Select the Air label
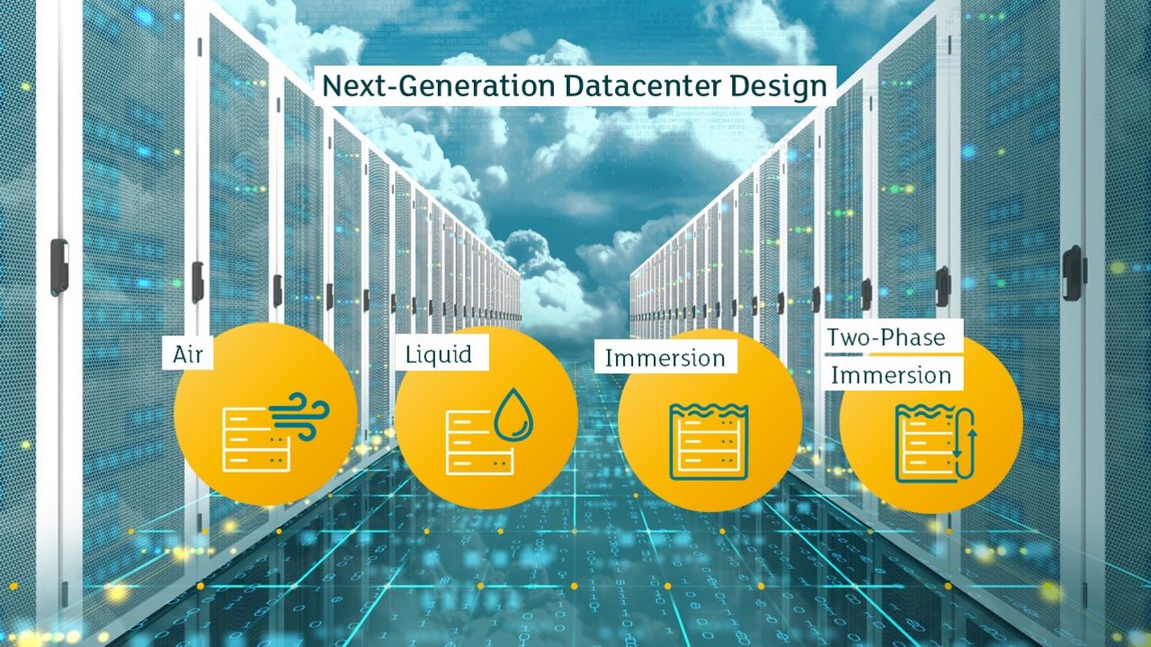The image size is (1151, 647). (x=188, y=354)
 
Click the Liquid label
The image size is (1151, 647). (x=438, y=354)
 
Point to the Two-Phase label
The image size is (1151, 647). (x=886, y=337)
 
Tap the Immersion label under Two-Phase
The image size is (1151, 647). (x=891, y=376)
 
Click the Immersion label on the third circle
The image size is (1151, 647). (x=665, y=359)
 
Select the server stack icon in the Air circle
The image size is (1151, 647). (x=256, y=440)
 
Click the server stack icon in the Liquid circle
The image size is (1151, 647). (x=479, y=443)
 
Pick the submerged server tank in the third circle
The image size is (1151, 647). (x=709, y=442)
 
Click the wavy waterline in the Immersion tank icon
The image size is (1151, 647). (x=709, y=411)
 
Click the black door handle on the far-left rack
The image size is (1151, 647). (x=58, y=268)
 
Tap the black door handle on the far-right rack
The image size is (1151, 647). (x=1073, y=273)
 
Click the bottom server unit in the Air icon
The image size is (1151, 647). (x=256, y=461)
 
